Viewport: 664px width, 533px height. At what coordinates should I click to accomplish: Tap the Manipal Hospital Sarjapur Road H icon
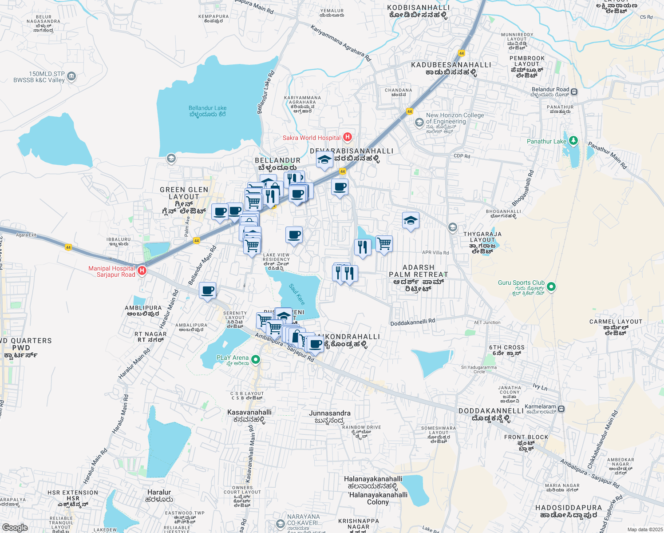tap(142, 270)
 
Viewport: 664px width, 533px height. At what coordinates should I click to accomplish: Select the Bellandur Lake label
tap(207, 111)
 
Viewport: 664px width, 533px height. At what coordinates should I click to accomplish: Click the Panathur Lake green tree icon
tap(573, 141)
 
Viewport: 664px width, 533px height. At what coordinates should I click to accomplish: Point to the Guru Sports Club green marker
tap(551, 286)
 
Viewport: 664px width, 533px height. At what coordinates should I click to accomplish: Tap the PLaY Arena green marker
tap(255, 359)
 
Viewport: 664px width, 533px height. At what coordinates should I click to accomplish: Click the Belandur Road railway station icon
tap(574, 92)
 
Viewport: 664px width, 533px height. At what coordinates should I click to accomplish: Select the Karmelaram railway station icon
tap(561, 409)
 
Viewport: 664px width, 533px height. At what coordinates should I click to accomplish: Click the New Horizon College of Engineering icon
tap(419, 122)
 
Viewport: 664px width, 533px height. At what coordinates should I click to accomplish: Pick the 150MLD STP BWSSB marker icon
tap(71, 77)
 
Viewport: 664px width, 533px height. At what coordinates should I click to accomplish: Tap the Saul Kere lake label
tap(297, 294)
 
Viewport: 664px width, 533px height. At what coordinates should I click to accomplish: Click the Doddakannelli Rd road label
tap(412, 322)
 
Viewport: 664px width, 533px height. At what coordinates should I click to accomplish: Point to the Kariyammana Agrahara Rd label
tap(340, 43)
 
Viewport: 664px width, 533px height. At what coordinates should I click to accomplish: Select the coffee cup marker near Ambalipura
tap(207, 291)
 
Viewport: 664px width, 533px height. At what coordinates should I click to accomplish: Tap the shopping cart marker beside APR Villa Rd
tap(384, 243)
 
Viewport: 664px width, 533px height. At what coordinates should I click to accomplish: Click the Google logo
tap(15, 527)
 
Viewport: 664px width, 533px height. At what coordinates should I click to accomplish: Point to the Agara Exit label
tap(26, 235)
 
